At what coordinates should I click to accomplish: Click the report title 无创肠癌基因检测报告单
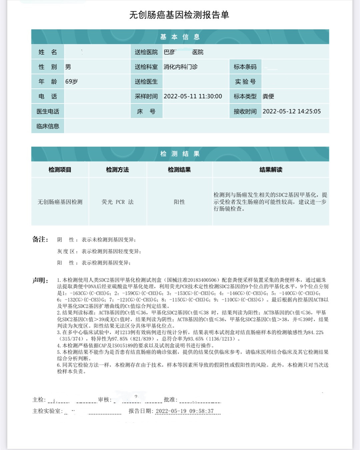tap(179, 15)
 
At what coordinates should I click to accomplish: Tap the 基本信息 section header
tap(180, 37)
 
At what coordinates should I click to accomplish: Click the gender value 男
tap(68, 67)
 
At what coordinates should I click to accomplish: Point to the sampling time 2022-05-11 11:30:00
tap(193, 96)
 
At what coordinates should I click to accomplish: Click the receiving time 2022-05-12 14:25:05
tap(291, 111)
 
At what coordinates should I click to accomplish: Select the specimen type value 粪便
tap(268, 96)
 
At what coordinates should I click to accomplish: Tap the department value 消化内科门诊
tap(180, 67)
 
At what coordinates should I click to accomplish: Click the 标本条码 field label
tap(245, 67)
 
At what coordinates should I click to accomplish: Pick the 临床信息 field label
tap(48, 126)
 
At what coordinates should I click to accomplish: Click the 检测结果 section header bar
tap(180, 154)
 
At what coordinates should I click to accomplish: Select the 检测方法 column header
tap(117, 170)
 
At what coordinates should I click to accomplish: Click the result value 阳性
tap(179, 202)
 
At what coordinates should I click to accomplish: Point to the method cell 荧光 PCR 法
tap(117, 202)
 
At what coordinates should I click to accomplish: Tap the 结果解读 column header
tap(271, 170)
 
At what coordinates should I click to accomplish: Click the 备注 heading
tap(40, 239)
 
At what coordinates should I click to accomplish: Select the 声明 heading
tap(40, 280)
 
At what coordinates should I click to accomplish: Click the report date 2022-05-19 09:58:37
tap(184, 411)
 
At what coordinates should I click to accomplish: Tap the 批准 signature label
tap(170, 400)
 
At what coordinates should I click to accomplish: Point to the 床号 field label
tap(146, 111)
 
